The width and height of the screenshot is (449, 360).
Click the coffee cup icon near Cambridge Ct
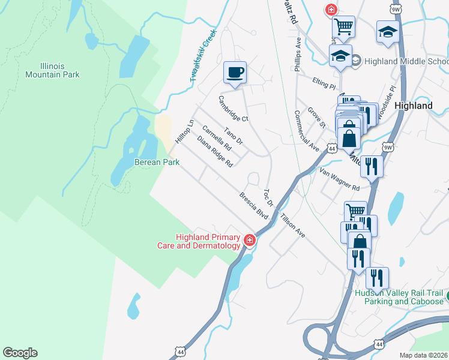(x=235, y=73)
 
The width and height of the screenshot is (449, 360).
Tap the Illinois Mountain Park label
(x=52, y=70)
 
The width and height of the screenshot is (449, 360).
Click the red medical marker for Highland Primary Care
(x=250, y=241)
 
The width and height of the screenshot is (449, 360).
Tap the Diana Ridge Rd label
(x=214, y=151)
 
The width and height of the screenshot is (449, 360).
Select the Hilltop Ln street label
(x=185, y=131)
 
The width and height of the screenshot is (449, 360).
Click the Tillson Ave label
(x=292, y=226)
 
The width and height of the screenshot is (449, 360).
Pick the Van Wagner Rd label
(x=339, y=179)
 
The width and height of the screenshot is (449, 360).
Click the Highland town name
(x=414, y=106)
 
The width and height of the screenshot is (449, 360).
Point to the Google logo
(x=20, y=353)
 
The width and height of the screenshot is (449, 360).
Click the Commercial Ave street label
(x=306, y=130)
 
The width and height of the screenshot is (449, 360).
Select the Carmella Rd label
(x=217, y=137)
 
